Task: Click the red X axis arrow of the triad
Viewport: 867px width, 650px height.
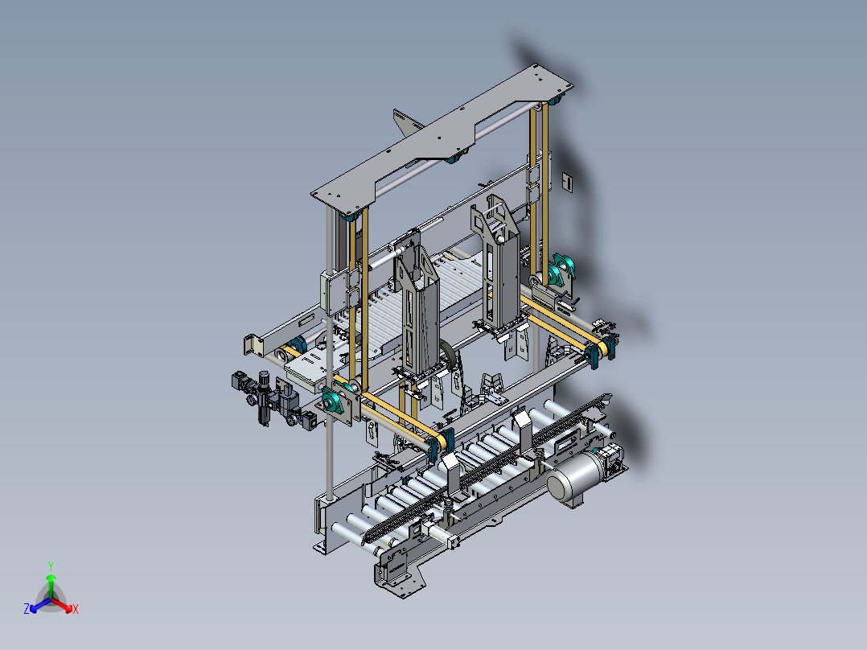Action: [x=63, y=605]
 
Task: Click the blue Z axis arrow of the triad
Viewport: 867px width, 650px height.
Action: [x=39, y=605]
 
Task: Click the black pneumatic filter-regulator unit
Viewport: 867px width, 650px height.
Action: [x=265, y=397]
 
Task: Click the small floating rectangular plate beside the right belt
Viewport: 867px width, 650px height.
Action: [x=567, y=181]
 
